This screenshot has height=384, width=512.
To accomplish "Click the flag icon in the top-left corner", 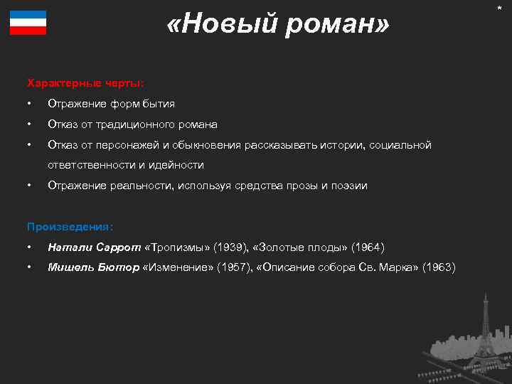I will click(x=28, y=23).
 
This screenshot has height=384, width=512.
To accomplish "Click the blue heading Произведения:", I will click(x=70, y=227).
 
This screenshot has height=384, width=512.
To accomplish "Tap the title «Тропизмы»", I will click(x=176, y=247).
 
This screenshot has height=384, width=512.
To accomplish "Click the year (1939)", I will click(x=226, y=247).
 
